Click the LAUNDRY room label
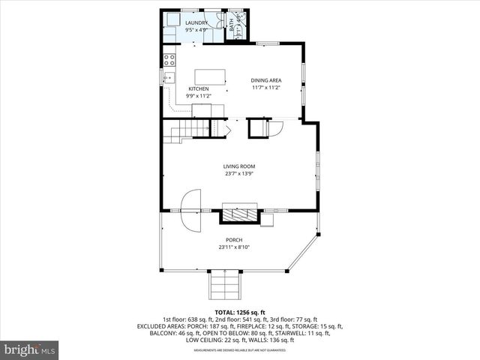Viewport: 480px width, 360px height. coord(197,23)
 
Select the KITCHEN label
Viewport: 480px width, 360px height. coord(198,89)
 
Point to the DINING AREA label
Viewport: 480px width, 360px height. coord(265,80)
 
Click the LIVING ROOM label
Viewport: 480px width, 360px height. coord(239,166)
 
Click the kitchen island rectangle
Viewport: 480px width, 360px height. coord(211,76)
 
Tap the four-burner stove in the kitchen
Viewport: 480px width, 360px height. coord(169,59)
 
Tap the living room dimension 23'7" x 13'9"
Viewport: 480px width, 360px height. coord(239,174)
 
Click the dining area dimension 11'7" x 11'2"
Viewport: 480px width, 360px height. coord(265,88)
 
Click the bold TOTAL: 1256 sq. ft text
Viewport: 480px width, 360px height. coord(239,312)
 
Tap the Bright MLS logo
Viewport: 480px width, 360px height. coord(30,349)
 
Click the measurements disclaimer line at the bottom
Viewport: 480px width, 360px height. coord(239,349)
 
